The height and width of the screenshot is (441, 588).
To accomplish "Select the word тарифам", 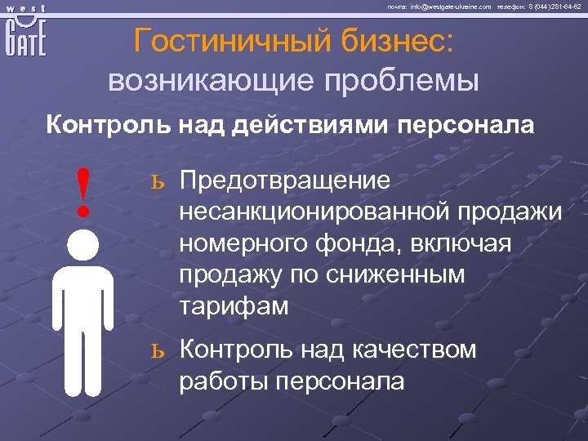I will point(234,306).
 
